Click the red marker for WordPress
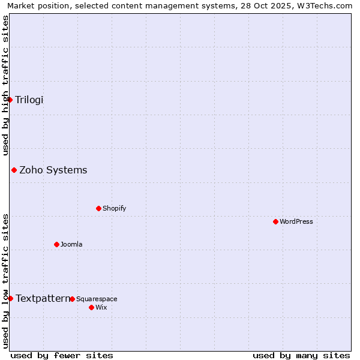[x=275, y=221]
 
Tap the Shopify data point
[x=98, y=208]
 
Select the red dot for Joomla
[x=56, y=244]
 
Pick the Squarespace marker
[x=72, y=299]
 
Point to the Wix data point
[x=91, y=307]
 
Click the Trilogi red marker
[x=10, y=100]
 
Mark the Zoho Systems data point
[x=14, y=170]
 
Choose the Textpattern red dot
[x=10, y=298]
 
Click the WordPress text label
[x=296, y=221]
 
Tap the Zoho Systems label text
[x=53, y=170]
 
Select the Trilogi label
[x=29, y=100]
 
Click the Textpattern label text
[x=43, y=298]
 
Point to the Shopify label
[x=115, y=208]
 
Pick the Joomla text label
[x=71, y=244]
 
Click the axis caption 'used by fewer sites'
[x=62, y=355]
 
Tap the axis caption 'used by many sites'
[x=301, y=355]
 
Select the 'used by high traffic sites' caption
[x=5, y=85]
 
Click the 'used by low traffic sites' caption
[x=5, y=281]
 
